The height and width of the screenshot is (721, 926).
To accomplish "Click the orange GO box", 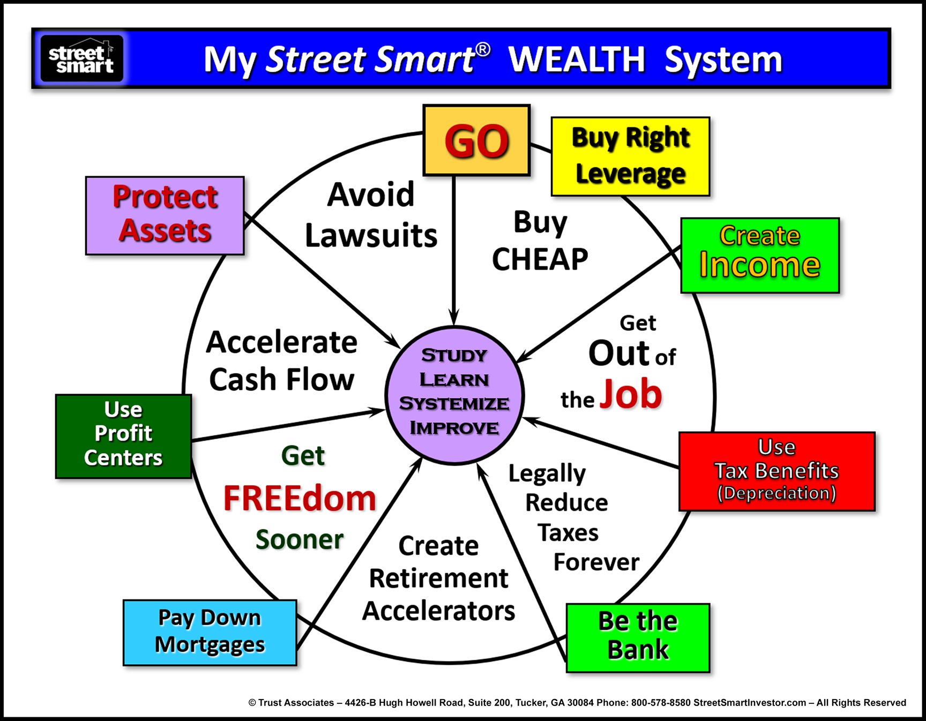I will coord(476,140).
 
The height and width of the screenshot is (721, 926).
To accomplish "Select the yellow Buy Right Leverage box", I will coord(630,157).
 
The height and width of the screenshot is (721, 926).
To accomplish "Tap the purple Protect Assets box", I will coord(165,215).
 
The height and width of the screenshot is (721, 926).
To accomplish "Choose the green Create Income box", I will coord(760,255).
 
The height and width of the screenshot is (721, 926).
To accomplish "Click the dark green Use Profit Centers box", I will coord(123,436).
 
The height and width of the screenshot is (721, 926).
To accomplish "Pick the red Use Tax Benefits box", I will coord(776,471).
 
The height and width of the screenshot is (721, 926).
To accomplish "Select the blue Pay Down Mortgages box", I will coord(210,633).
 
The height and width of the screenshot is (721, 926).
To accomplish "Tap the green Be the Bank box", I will coord(638,637).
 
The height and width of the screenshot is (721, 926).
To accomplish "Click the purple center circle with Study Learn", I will coord(454,395).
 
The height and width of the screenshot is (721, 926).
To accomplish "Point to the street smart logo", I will coord(82,58).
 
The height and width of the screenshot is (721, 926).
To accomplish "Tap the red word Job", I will coord(631,394).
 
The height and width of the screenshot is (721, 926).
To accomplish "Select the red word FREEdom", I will coord(300,499).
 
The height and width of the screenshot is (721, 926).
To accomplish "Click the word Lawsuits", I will coord(371,235).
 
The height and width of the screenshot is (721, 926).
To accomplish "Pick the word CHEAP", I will coord(540,259).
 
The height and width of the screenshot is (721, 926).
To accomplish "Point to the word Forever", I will coord(596,562).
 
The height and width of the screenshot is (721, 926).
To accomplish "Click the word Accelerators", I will coord(438,611).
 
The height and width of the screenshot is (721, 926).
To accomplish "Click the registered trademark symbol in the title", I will coord(483,50).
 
